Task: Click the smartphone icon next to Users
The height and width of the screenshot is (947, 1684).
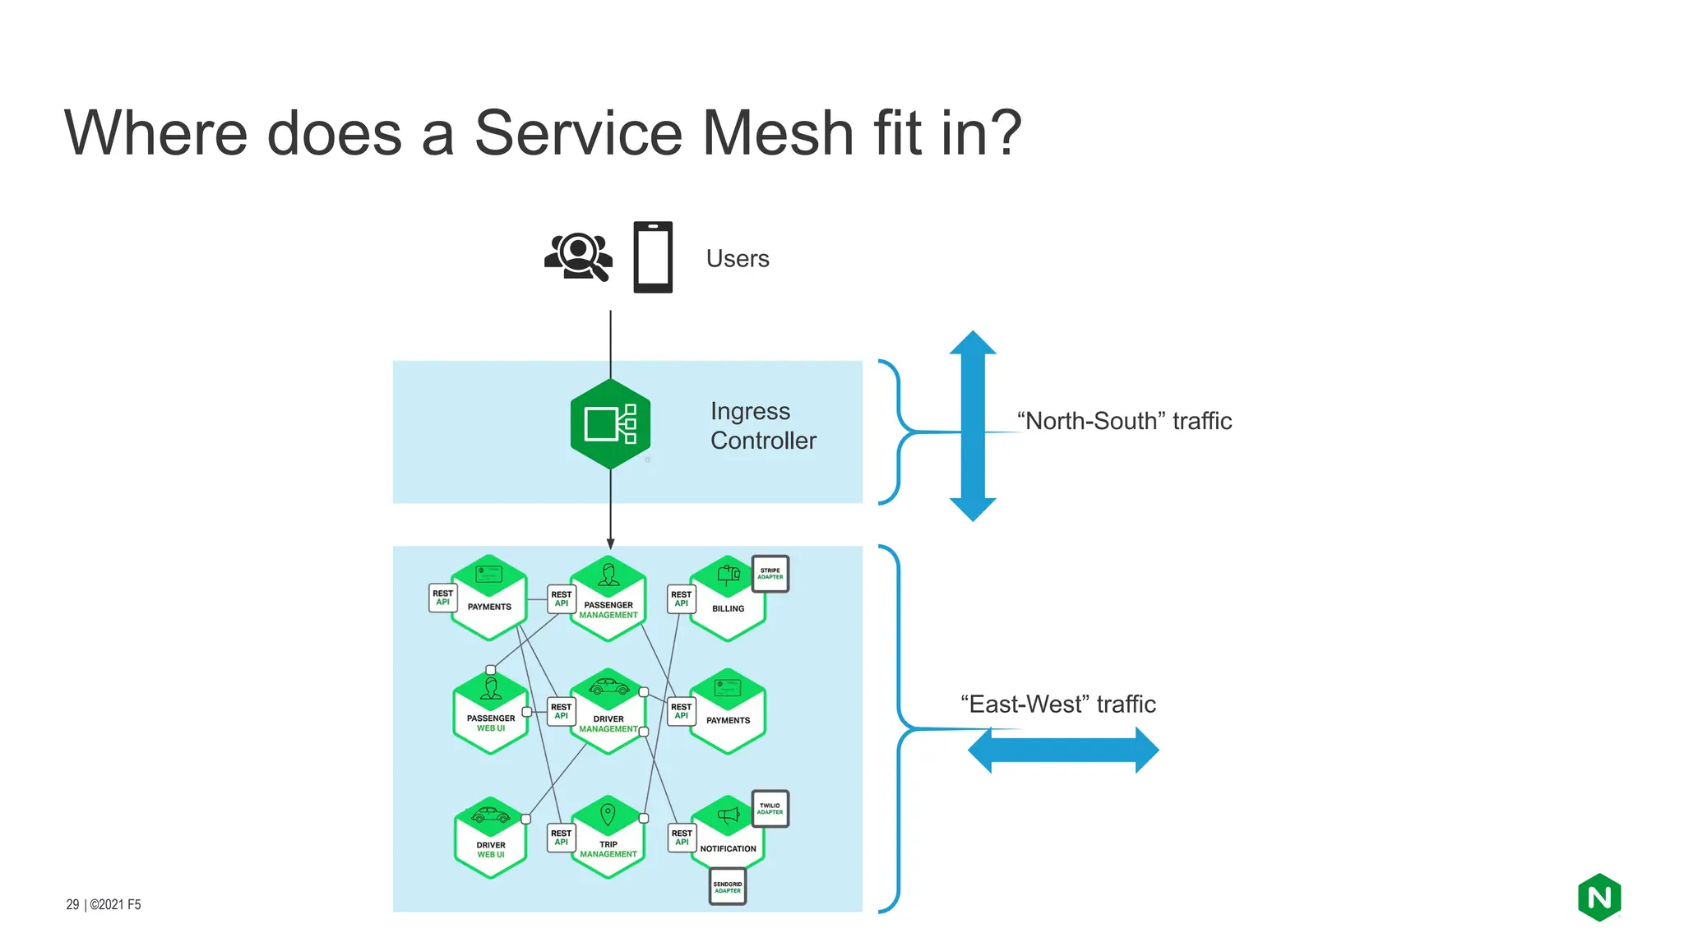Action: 653,257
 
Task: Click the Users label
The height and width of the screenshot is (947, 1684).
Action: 738,258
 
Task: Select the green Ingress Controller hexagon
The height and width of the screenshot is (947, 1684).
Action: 610,424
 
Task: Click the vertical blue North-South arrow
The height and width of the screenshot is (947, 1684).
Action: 973,426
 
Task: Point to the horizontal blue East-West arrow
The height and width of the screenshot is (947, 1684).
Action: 1063,750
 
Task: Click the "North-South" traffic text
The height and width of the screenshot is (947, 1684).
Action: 1124,421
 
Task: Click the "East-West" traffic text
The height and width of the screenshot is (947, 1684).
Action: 1058,704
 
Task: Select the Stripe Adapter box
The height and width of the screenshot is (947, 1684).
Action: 770,574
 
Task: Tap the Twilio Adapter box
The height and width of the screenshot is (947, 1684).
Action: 770,809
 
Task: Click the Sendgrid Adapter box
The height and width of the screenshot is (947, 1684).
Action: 728,887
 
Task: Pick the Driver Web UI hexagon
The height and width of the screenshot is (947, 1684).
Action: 491,838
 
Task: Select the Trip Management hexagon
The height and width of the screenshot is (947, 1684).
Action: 608,838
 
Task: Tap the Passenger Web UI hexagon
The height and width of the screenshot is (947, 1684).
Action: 491,713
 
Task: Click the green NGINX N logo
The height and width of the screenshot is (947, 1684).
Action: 1599,897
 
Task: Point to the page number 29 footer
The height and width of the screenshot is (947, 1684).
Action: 73,904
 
